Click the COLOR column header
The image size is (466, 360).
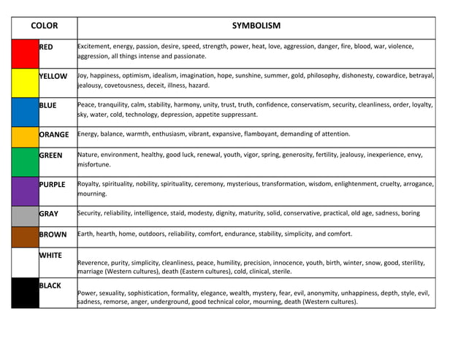tap(45, 26)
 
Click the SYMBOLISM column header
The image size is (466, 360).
tap(256, 26)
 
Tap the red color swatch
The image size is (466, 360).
tap(25, 53)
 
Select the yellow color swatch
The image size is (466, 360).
tap(25, 83)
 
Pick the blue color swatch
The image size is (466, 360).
tap(25, 112)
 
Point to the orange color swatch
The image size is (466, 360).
tap(25, 137)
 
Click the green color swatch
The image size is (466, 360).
tap(25, 161)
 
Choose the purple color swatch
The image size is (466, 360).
tap(25, 191)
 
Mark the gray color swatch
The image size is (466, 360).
tap(25, 215)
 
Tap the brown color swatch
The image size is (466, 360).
tap(25, 237)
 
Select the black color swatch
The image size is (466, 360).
tap(25, 292)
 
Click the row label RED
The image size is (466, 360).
tap(46, 47)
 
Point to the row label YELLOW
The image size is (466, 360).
tap(53, 76)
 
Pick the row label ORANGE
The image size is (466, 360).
tap(54, 134)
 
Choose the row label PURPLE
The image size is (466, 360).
tap(53, 184)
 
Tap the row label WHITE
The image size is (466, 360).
tap(50, 256)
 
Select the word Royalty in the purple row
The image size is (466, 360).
tap(91, 184)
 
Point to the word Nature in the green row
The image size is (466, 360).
tap(88, 155)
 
